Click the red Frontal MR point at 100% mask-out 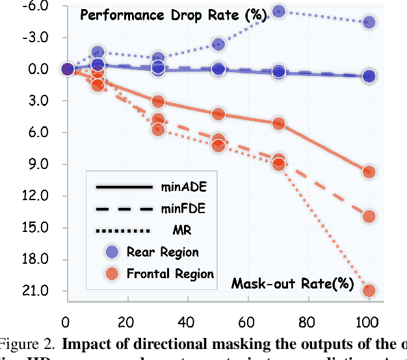tap(369, 290)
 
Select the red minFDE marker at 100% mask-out tap(369, 216)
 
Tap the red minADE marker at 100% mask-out tap(369, 172)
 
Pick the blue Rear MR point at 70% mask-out tap(279, 11)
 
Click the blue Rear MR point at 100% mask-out tap(369, 22)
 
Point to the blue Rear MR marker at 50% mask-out tap(218, 45)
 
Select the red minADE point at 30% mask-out tap(158, 101)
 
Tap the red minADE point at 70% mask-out tap(279, 123)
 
